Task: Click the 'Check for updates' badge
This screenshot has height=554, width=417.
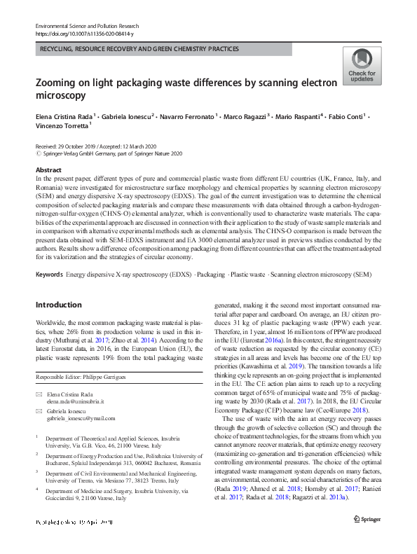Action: [x=361, y=67]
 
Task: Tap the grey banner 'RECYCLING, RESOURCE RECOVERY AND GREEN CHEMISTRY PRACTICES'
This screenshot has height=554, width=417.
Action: [x=140, y=49]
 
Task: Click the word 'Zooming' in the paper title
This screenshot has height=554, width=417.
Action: [x=60, y=83]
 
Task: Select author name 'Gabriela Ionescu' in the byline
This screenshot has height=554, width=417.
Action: [x=128, y=116]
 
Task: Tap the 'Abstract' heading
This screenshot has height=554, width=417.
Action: [x=48, y=170]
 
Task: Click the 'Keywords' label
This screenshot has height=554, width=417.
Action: [x=49, y=274]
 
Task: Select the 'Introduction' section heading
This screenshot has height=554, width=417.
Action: [x=58, y=305]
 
